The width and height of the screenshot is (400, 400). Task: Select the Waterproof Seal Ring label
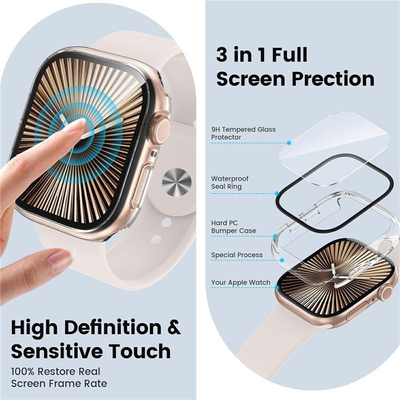230,182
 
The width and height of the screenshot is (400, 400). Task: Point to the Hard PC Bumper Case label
234,227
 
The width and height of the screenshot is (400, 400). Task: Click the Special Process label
237,255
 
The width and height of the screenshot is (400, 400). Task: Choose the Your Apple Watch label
241,283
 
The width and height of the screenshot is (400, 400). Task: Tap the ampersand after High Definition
174,326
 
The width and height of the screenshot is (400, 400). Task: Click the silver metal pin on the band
176,181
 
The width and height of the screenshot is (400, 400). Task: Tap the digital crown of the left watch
159,130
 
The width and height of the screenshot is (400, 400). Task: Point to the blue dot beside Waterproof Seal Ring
277,193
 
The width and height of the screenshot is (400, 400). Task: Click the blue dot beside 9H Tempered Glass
289,143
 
